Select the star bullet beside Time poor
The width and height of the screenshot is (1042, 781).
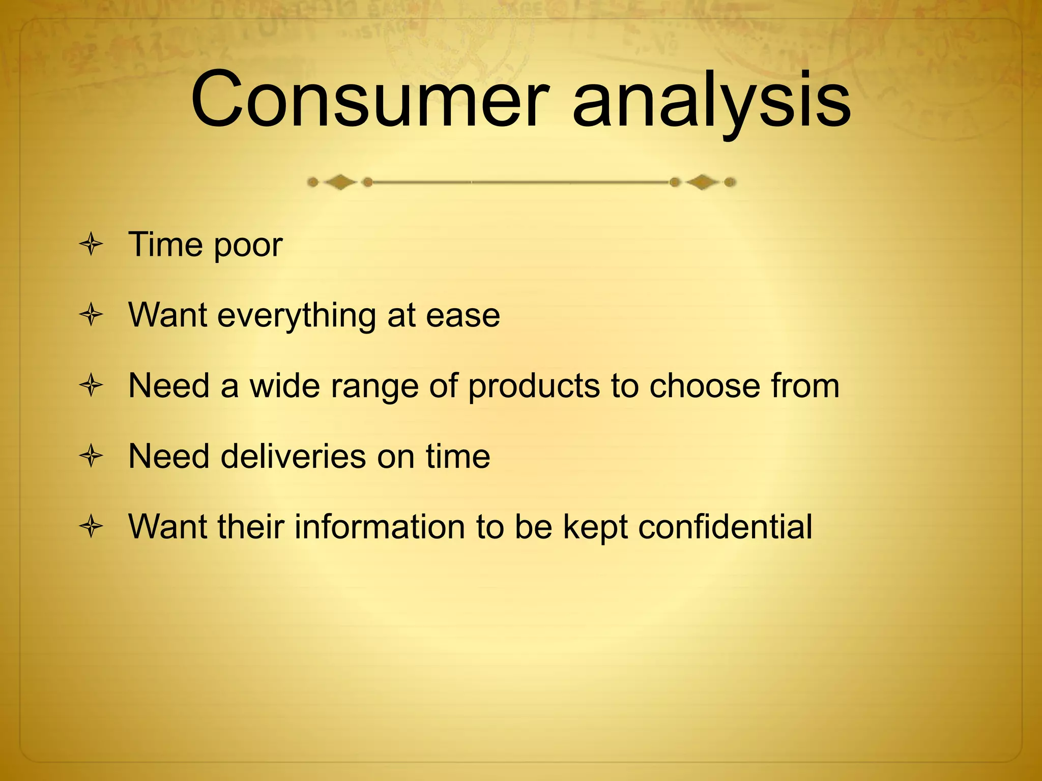point(92,245)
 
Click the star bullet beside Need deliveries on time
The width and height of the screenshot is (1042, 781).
point(92,456)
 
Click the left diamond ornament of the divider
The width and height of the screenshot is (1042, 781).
point(340,182)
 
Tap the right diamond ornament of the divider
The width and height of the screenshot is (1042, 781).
point(702,182)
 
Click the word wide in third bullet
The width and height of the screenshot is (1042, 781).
point(284,385)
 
